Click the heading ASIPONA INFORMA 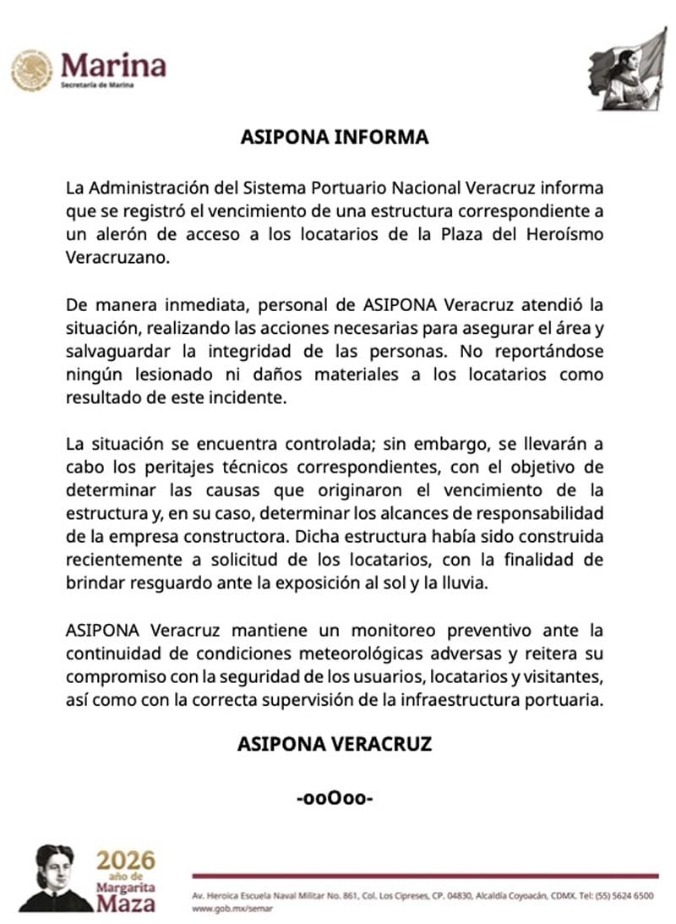pos(334,137)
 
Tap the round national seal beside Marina pos(31,70)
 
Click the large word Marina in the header pos(113,65)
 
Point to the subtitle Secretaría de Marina pos(97,86)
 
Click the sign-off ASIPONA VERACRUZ pos(334,744)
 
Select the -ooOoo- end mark pos(335,797)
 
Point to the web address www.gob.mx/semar pos(227,908)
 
